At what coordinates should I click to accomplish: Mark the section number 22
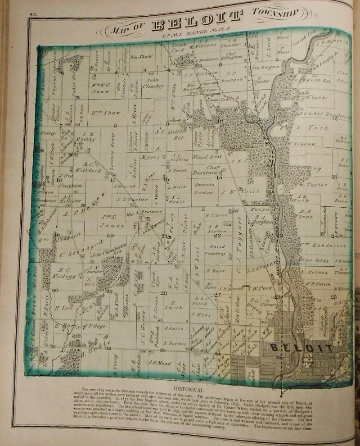[218, 235]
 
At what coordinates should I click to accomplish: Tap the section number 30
[55, 291]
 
